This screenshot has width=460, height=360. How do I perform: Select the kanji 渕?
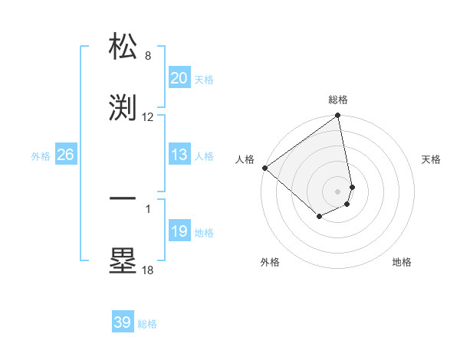click(123, 107)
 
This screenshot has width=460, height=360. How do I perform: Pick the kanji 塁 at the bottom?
click(123, 260)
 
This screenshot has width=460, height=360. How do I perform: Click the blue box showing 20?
click(179, 78)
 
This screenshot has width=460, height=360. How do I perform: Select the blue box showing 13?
click(179, 155)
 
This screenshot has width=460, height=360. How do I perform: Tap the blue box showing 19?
click(179, 231)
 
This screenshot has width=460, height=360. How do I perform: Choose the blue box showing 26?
click(65, 155)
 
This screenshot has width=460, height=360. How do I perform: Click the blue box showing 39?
click(122, 322)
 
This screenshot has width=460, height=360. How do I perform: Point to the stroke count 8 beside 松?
click(148, 56)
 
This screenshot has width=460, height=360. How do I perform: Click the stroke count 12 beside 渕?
click(148, 117)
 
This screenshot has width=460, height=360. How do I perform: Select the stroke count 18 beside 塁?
click(148, 270)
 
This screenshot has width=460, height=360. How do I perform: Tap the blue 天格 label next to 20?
click(204, 80)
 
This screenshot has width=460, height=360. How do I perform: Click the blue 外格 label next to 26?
click(41, 156)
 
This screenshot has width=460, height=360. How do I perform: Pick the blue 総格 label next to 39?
click(147, 324)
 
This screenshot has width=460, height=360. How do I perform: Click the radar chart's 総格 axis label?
click(338, 100)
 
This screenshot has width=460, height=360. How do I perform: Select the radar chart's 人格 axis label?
click(245, 159)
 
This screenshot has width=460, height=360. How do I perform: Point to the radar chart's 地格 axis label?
click(402, 263)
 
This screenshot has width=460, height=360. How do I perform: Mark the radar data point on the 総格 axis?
click(338, 116)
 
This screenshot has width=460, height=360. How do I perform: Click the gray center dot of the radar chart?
click(338, 191)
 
